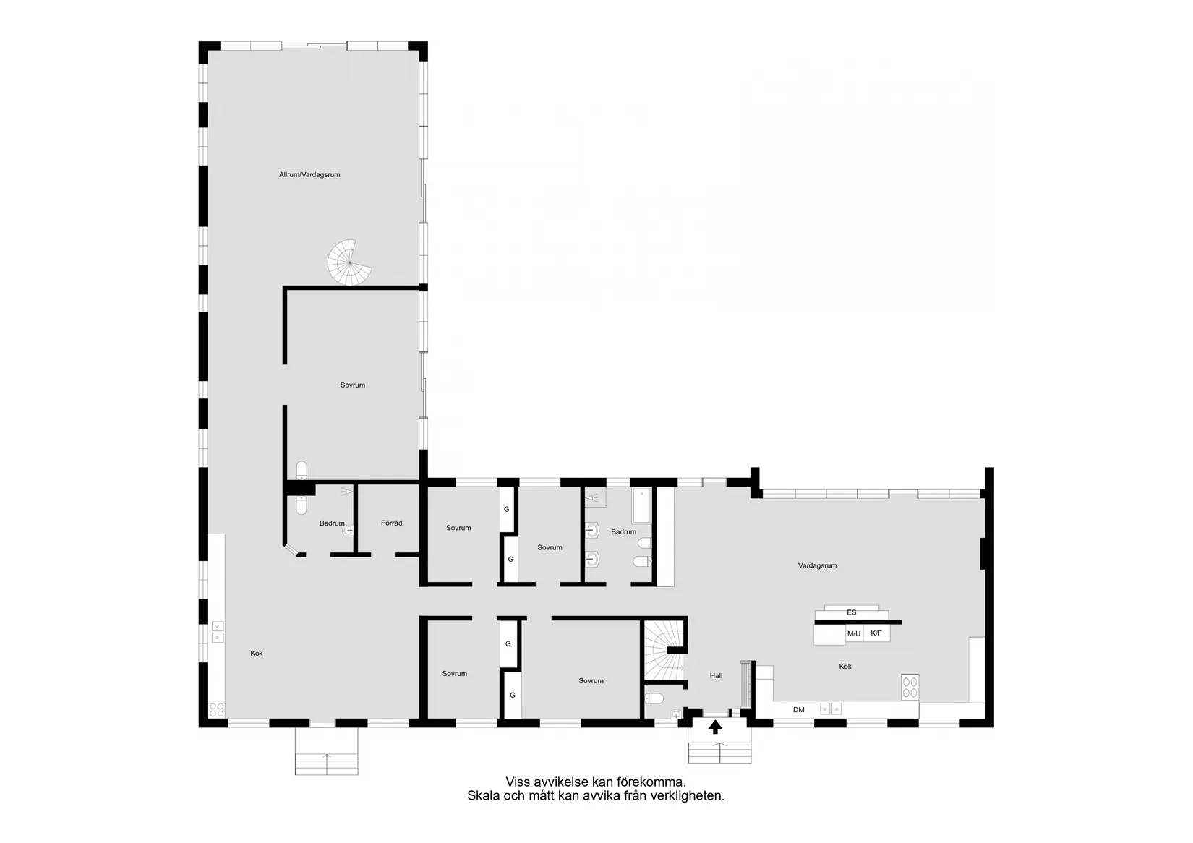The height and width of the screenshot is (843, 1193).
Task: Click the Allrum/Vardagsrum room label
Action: [309, 174]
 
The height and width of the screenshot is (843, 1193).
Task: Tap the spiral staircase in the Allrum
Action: [350, 262]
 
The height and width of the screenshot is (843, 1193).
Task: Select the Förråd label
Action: [391, 523]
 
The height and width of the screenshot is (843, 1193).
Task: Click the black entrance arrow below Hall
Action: [715, 727]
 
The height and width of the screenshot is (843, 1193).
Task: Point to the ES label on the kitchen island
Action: [851, 612]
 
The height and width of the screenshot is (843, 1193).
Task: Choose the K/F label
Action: [876, 633]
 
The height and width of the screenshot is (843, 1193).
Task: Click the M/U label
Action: [854, 633]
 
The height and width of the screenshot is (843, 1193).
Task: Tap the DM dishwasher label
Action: [798, 710]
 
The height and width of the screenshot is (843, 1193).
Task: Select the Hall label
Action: [716, 676]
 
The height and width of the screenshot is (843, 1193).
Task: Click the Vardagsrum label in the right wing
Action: [817, 565]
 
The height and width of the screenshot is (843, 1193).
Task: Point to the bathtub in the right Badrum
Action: [641, 505]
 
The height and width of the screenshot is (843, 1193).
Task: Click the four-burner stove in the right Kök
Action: [910, 687]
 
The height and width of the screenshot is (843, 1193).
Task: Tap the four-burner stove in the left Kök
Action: [216, 709]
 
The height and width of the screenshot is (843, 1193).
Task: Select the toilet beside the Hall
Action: [654, 698]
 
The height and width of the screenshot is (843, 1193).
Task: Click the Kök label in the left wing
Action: [257, 654]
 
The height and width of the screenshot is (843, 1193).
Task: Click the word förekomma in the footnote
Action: [649, 782]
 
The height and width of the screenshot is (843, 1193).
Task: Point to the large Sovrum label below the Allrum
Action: [353, 385]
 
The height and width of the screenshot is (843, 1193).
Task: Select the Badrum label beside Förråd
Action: [332, 523]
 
